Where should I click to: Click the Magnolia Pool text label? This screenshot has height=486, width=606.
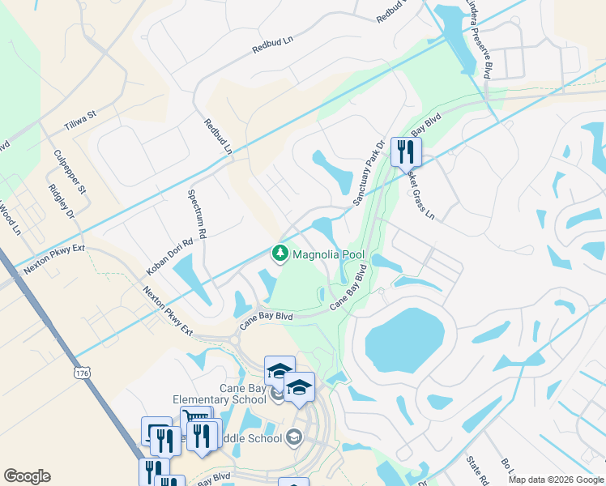(329, 254)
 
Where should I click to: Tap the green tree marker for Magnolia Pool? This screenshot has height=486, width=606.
(280, 254)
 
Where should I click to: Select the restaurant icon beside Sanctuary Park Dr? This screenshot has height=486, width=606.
(406, 151)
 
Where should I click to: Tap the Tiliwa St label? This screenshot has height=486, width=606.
(79, 122)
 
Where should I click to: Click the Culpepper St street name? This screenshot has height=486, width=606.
(70, 172)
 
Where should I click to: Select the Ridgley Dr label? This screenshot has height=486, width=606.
(61, 202)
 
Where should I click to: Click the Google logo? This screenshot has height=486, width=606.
(27, 476)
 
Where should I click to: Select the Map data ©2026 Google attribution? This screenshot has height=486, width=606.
(555, 480)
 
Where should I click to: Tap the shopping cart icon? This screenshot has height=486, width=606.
(195, 420)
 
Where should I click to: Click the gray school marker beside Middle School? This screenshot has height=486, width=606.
(292, 438)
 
